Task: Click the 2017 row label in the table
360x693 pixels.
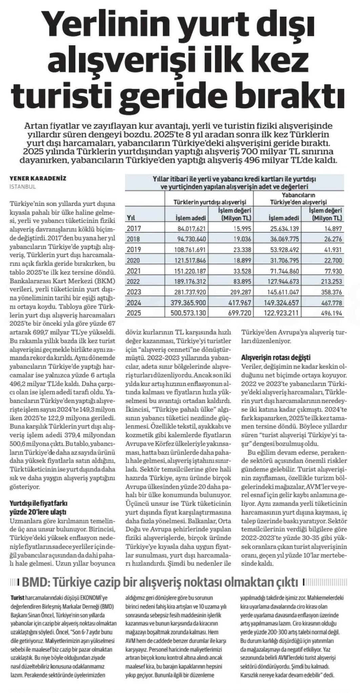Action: tap(134, 229)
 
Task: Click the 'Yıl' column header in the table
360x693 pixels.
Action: tap(131, 217)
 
